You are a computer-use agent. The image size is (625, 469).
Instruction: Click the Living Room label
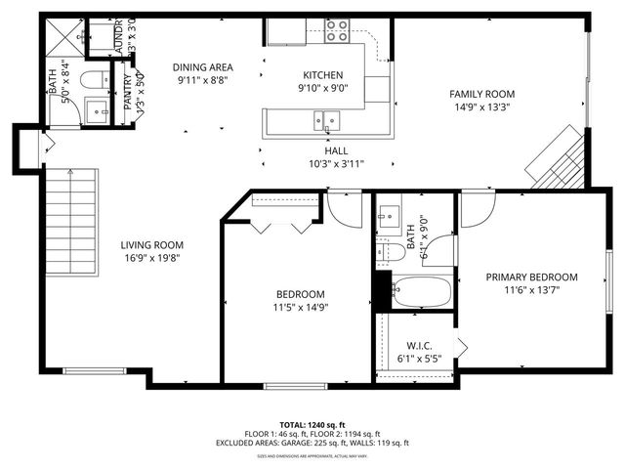pos(151,245)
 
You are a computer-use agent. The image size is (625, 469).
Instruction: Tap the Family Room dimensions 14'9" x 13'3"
pos(481,107)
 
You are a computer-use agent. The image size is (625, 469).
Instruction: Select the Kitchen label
pos(322,74)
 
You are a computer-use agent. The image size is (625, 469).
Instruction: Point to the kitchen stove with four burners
pos(338,30)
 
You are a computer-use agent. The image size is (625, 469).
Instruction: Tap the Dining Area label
pos(202,67)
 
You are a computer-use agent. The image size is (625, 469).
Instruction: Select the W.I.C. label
pos(419,346)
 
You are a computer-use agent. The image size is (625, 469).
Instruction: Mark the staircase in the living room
pos(72,222)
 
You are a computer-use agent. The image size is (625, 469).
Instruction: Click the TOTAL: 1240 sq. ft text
pos(312,425)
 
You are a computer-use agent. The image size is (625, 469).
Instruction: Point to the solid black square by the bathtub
pos(382,289)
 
